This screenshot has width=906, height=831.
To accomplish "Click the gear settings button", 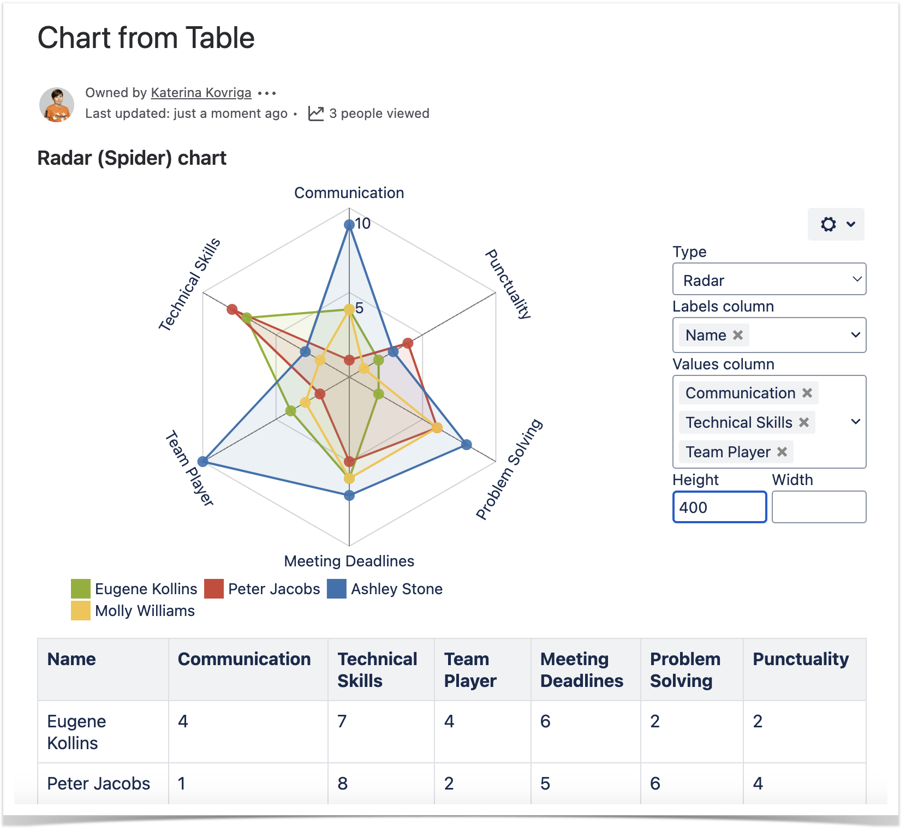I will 835,224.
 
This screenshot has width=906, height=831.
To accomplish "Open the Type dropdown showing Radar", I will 768,279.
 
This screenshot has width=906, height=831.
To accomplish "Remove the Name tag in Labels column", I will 738,335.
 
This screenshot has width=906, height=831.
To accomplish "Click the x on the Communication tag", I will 807,393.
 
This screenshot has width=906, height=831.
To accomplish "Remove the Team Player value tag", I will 782,452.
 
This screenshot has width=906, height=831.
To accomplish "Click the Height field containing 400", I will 719,507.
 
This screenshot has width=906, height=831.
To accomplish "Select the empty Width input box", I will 819,507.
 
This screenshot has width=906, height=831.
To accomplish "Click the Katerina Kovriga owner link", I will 201,93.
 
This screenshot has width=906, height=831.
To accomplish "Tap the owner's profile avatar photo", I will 57,104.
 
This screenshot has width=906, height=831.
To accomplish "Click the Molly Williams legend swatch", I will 81,611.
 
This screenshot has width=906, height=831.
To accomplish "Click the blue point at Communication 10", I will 349,225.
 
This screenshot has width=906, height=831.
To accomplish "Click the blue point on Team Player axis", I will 203,462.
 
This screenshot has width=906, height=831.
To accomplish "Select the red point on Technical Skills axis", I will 233,310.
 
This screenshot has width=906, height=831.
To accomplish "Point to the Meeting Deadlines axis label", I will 349,561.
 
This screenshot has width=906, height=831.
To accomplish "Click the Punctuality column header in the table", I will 800,659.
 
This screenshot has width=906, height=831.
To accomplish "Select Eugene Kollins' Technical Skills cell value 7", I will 342,721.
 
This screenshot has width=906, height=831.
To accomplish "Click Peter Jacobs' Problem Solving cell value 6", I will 655,784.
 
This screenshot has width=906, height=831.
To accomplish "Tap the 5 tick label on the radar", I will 359,308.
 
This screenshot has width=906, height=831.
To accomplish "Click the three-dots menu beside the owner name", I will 267,93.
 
